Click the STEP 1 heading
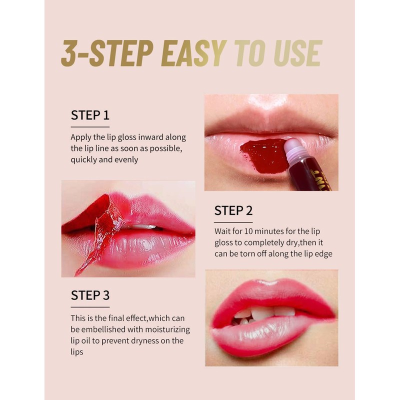(x=90, y=115)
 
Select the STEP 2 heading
(x=233, y=210)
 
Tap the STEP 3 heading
(x=90, y=295)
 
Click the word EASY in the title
(x=194, y=53)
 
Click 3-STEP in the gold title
(x=107, y=53)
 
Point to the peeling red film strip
(x=101, y=232)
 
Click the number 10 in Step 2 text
(x=248, y=231)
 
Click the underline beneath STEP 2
(x=233, y=222)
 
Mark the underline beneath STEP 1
(x=90, y=127)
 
